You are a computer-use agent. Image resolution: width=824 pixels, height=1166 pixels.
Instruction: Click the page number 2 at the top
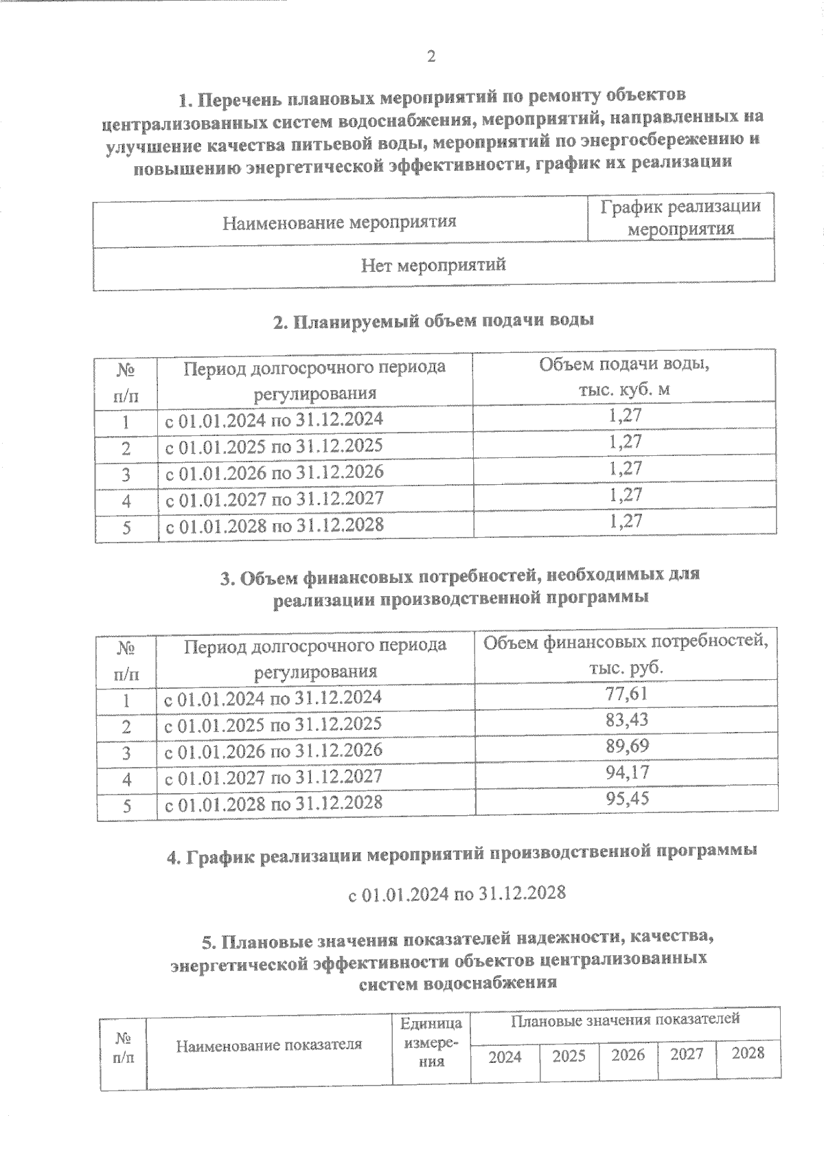pos(431,57)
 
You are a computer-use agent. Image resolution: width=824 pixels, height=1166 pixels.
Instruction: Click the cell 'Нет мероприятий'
pos(433,265)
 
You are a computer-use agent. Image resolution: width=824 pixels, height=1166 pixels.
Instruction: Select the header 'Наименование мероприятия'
pos(340,222)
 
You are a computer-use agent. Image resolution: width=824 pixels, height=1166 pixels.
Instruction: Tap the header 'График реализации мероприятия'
pos(680,218)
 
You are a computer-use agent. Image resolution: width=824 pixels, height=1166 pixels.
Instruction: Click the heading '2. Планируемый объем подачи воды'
pos(433,321)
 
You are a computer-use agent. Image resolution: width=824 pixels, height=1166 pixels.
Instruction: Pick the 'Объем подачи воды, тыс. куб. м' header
pos(623,377)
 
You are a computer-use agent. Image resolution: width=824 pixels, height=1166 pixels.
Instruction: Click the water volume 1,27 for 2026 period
pos(625,468)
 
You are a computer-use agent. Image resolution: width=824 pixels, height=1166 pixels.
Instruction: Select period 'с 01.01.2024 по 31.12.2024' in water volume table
pos(274,420)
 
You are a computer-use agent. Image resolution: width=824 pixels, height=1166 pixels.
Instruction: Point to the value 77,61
pos(626,694)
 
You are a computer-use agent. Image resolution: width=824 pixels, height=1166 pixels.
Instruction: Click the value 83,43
pos(626,720)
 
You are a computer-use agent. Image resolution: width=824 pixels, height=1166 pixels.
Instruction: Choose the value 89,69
pos(626,746)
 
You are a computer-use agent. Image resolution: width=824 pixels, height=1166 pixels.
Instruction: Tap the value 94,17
pos(626,773)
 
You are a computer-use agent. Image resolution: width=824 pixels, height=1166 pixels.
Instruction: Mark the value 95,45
pos(626,799)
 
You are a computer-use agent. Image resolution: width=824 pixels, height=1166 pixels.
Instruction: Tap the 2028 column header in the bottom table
pos(748,1053)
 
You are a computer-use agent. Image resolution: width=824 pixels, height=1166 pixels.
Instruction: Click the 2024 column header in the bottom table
pos(505,1057)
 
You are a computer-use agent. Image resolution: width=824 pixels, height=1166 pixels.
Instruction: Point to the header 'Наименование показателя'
pos(269,1046)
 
